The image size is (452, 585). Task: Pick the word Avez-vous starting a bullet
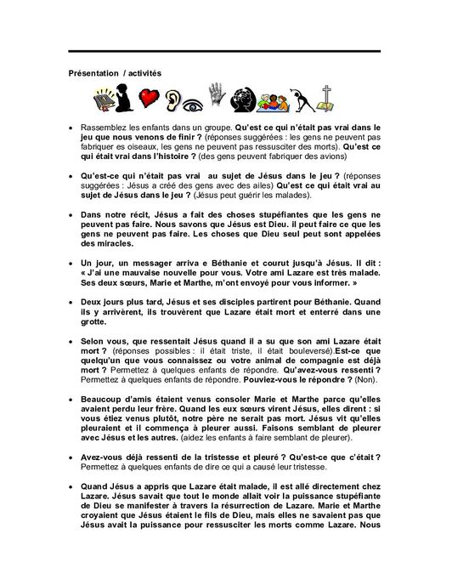(x=102, y=459)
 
